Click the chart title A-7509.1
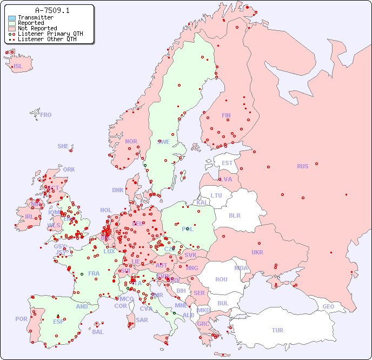point(52,10)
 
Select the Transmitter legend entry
point(35,17)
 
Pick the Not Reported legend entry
point(37,28)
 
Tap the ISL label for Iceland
point(18,67)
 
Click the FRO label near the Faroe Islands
point(46,115)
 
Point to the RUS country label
point(302,166)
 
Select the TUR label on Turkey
point(277,330)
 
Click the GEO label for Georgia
point(328,306)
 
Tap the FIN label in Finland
point(226,115)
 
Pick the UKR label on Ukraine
point(257,252)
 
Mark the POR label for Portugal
point(21,319)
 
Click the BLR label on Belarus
point(234,215)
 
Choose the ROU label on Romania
point(221,279)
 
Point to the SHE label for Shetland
point(63,146)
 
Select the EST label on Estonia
point(227,163)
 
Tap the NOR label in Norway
point(131,141)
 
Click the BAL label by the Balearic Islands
point(97,332)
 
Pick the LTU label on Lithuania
point(216,195)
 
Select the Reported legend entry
point(30,23)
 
